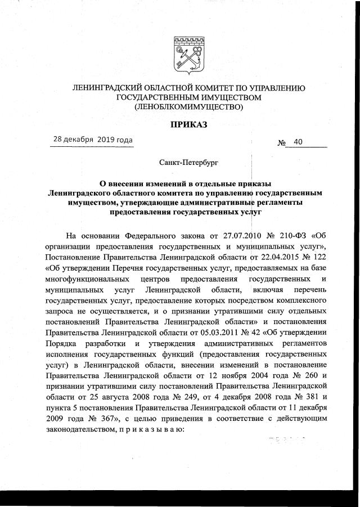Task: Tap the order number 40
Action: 298,142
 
